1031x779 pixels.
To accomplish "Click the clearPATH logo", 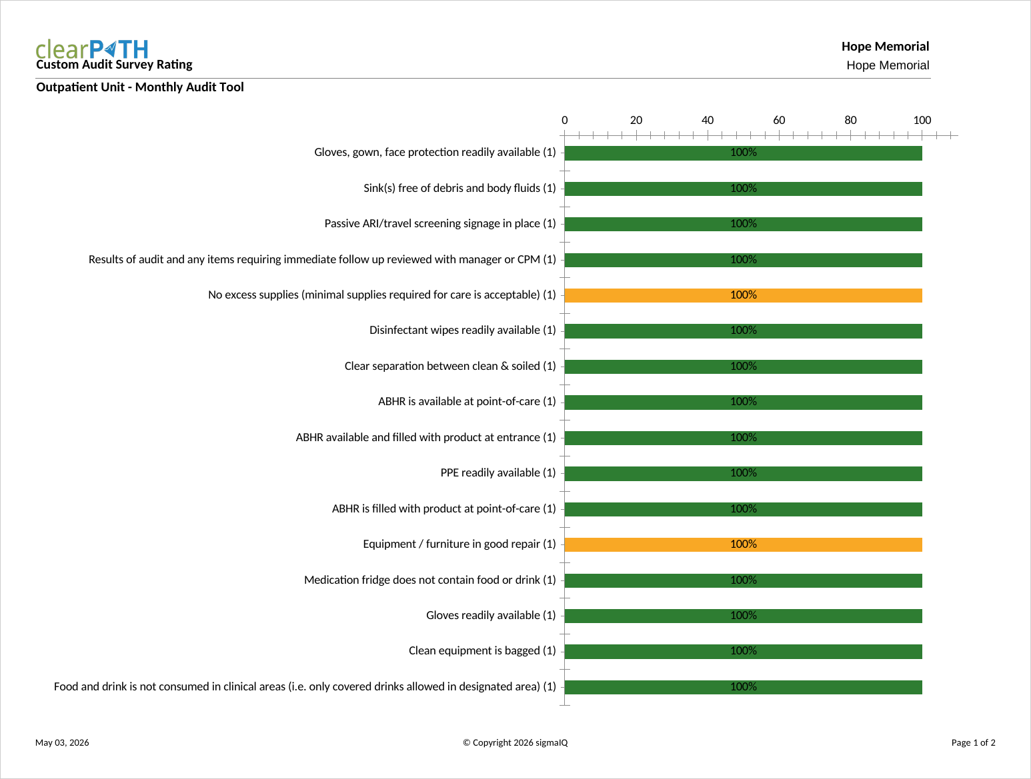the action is [92, 49].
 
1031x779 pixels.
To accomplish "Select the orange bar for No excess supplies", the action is [743, 295].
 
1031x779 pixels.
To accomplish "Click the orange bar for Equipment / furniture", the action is [743, 544].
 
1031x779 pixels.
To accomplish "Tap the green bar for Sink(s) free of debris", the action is [743, 189].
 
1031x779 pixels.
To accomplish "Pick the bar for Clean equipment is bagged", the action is [743, 651].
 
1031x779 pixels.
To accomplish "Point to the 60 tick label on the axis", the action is [779, 120].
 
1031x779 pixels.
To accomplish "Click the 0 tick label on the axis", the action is [565, 120].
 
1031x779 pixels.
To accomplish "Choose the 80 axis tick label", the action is [850, 120].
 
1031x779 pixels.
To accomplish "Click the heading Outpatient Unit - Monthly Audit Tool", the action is [140, 87].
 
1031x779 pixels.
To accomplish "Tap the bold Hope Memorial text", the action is [885, 47].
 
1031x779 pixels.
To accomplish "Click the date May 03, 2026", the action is [62, 742].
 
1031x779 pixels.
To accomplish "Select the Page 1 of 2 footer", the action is [973, 742].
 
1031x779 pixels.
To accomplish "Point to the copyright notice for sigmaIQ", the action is [515, 742].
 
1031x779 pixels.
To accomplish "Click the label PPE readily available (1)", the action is [498, 472].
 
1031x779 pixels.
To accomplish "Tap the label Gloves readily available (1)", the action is [491, 615].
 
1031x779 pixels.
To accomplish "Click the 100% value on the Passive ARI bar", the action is [743, 223].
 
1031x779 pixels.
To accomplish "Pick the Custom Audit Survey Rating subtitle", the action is [114, 64].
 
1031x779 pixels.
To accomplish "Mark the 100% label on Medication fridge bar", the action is [743, 580].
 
